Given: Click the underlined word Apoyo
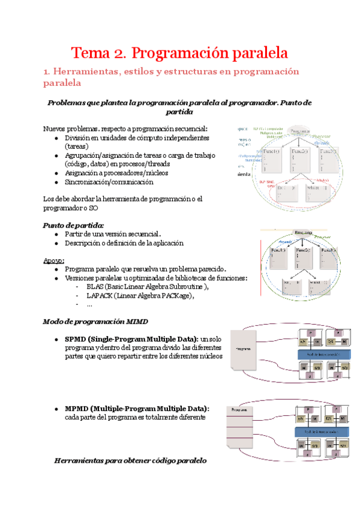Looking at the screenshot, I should tap(53, 260).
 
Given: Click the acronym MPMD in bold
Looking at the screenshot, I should tap(78, 409).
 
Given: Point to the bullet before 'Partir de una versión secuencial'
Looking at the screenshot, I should tap(56, 234).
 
